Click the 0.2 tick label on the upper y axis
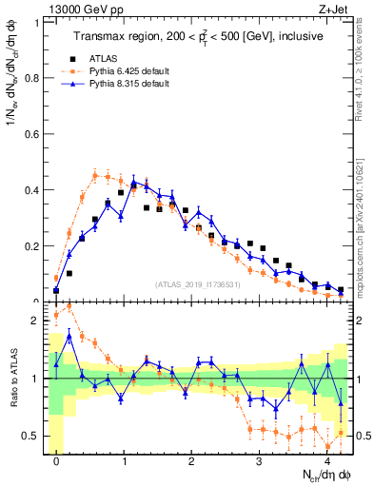pos(33,245)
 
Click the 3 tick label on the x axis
pos(259,460)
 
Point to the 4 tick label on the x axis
pos(326,460)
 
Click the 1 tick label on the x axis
pos(124,460)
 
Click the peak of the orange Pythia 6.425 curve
pos(95,174)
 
